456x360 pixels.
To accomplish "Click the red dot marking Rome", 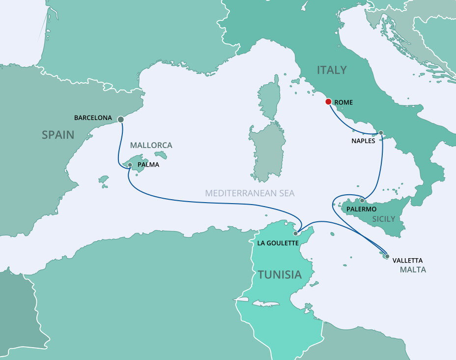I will tap(328, 102).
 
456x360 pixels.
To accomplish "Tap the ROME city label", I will tap(344, 102).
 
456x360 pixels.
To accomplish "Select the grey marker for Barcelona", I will tap(121, 119).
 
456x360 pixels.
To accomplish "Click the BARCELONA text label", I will tap(93, 118).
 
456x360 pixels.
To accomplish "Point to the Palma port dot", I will tap(130, 165).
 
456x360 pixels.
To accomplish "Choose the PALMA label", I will tap(148, 165).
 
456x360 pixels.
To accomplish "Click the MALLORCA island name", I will tap(151, 146).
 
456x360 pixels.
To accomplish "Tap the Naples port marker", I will tap(380, 133).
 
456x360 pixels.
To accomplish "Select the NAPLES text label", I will tap(364, 141).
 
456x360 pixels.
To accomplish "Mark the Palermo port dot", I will tap(362, 200).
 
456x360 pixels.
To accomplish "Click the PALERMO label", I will tap(362, 209).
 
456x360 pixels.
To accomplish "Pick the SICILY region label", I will tap(384, 218).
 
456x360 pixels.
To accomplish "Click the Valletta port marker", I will tap(387, 256).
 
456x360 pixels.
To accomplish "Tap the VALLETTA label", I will tap(407, 260).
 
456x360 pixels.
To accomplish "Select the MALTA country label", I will tap(413, 270).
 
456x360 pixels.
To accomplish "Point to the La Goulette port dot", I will tap(296, 234).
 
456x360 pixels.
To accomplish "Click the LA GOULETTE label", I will tap(278, 243).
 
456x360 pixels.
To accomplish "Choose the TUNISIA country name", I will tap(280, 274).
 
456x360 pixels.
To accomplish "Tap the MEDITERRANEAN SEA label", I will tap(250, 193).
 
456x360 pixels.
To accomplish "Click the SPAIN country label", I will tap(58, 135).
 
